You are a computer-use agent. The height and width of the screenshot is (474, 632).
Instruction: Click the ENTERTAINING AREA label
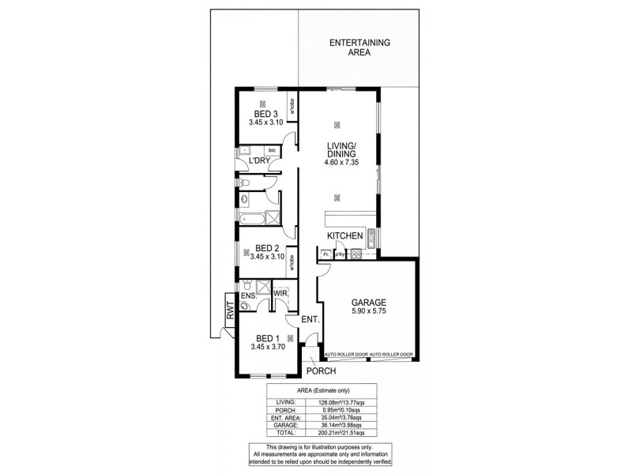pos(361,47)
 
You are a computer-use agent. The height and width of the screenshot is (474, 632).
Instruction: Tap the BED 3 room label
pos(265,113)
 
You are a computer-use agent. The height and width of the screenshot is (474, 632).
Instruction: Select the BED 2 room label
pos(265,247)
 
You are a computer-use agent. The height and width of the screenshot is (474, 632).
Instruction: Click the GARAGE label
pos(369,303)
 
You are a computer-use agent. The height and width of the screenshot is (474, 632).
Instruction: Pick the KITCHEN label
pos(346,236)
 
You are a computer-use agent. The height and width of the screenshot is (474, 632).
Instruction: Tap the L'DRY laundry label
pos(261,161)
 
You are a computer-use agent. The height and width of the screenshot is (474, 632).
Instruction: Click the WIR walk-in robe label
pos(280,293)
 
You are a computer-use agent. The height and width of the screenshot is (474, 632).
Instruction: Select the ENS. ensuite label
pos(249,297)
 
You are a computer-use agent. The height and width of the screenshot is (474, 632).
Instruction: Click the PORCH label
pos(322,371)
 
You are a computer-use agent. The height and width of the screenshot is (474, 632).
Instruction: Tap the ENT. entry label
pos(310,320)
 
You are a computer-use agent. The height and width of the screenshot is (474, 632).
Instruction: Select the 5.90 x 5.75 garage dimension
pos(369,312)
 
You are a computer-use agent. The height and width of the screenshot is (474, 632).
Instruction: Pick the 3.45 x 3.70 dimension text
pos(266,347)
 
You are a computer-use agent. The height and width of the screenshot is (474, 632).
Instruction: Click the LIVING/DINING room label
pos(342,149)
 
